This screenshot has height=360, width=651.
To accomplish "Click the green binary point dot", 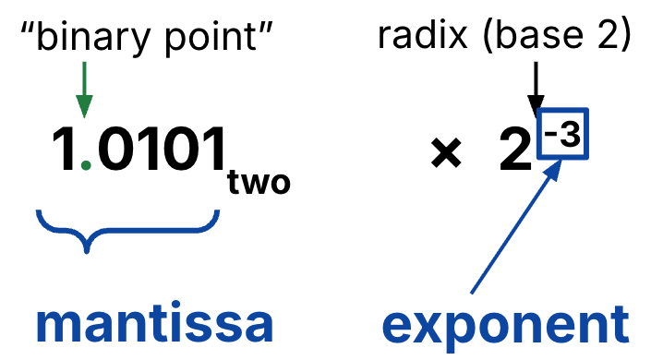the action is tap(85, 165).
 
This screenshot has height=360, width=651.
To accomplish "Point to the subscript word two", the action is tap(259, 183).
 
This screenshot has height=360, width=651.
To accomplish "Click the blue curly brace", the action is tap(127, 229).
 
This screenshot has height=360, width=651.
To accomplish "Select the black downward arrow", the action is tap(533, 89).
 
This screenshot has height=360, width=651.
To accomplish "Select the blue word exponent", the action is tap(505, 325).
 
